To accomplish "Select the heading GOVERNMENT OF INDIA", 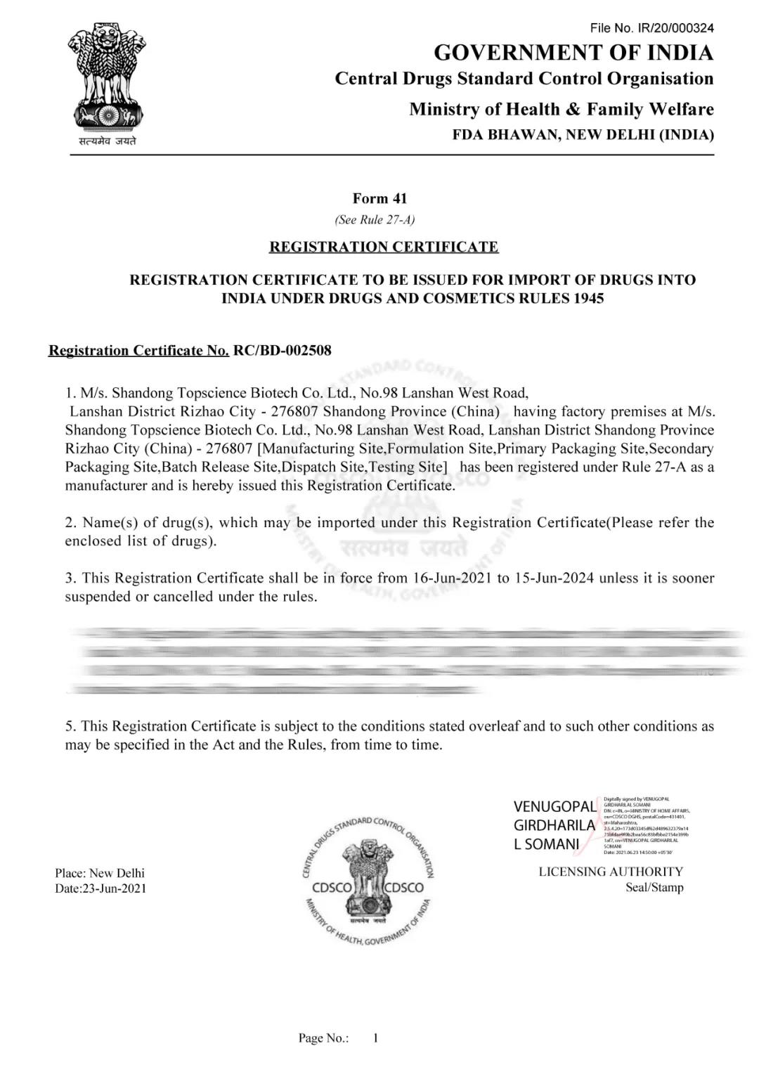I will point(573,53).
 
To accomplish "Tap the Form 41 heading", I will point(379,199).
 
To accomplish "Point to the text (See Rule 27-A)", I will point(375,220).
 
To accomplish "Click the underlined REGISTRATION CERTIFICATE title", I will point(384,247).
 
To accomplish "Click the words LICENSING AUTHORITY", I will point(611,872).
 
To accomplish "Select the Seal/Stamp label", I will point(654,887).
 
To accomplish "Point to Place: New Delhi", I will point(100,873).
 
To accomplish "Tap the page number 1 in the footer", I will point(376,1037).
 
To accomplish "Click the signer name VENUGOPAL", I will point(554,807).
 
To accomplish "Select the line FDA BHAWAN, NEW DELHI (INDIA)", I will point(583,134).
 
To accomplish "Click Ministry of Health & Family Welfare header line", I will point(561,109).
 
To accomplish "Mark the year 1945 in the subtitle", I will point(588,298).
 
